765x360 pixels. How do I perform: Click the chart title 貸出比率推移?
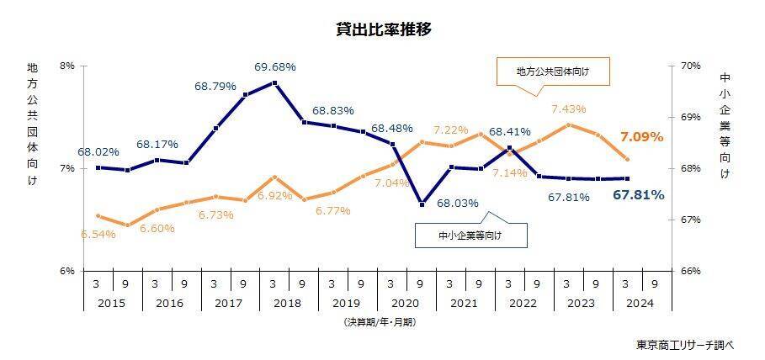(383, 29)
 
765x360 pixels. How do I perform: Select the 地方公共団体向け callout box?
(552, 72)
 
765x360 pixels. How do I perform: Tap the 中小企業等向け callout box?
(470, 236)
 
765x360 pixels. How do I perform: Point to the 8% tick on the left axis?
(67, 66)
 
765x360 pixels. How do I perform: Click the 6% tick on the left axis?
(67, 271)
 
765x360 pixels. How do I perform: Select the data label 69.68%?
(275, 66)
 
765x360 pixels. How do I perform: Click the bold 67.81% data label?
(639, 195)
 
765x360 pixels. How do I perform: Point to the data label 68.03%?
(459, 203)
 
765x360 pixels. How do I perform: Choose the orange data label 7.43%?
(569, 109)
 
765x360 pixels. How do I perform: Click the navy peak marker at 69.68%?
(275, 82)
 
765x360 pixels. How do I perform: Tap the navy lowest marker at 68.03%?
(422, 204)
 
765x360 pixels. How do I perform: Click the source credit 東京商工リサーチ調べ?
(686, 345)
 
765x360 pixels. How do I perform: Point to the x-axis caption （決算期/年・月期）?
(380, 321)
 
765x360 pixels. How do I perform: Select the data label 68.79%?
(216, 86)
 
